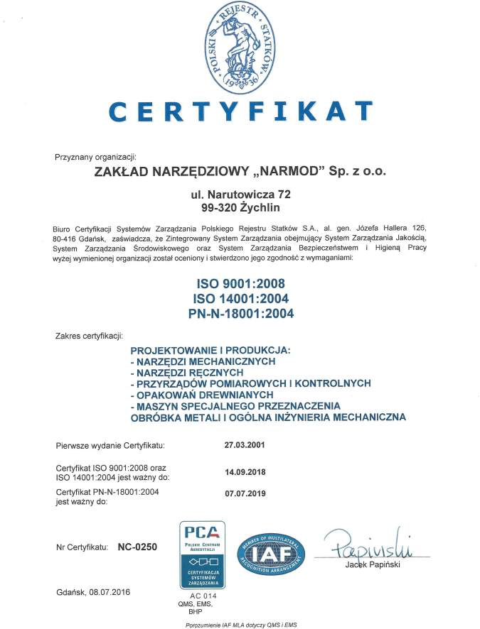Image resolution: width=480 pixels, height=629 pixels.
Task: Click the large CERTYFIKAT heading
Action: coord(240,111)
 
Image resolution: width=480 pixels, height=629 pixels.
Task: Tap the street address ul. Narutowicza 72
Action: coord(240,193)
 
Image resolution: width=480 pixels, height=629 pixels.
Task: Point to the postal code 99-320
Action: coord(218,207)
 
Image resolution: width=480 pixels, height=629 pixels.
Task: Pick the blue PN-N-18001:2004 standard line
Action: coord(240,312)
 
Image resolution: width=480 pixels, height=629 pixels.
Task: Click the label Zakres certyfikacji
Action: coord(89,334)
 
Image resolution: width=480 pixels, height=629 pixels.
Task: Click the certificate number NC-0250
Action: coord(137,547)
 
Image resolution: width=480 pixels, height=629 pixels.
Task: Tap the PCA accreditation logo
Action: coord(205,553)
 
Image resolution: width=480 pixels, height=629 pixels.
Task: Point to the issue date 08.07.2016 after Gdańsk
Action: coord(110,591)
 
